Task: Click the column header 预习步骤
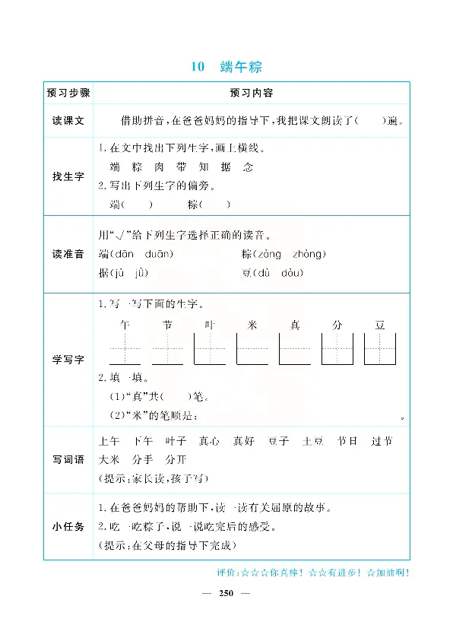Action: pyautogui.click(x=68, y=94)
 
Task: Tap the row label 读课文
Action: pyautogui.click(x=68, y=121)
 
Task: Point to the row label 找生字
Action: pyautogui.click(x=68, y=176)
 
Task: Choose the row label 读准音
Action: pyautogui.click(x=68, y=254)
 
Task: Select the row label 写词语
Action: pyautogui.click(x=68, y=460)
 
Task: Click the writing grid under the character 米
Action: pyautogui.click(x=252, y=350)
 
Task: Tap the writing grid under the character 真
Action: pyautogui.click(x=295, y=350)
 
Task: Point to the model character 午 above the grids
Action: pyautogui.click(x=126, y=325)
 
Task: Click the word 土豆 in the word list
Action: pyautogui.click(x=313, y=441)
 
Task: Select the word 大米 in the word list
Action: pyautogui.click(x=110, y=460)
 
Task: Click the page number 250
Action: pyautogui.click(x=226, y=592)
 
